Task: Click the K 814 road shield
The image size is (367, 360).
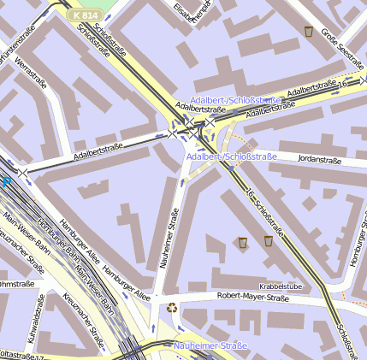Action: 84,15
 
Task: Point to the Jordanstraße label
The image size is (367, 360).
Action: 319,160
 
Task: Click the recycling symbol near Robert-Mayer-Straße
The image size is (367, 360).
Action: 172,307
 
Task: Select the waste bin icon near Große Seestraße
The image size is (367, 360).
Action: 308,32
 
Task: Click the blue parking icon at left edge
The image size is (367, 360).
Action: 6,181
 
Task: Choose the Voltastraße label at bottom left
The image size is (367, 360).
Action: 19,354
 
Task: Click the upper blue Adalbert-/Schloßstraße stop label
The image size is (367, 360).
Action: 235,100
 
